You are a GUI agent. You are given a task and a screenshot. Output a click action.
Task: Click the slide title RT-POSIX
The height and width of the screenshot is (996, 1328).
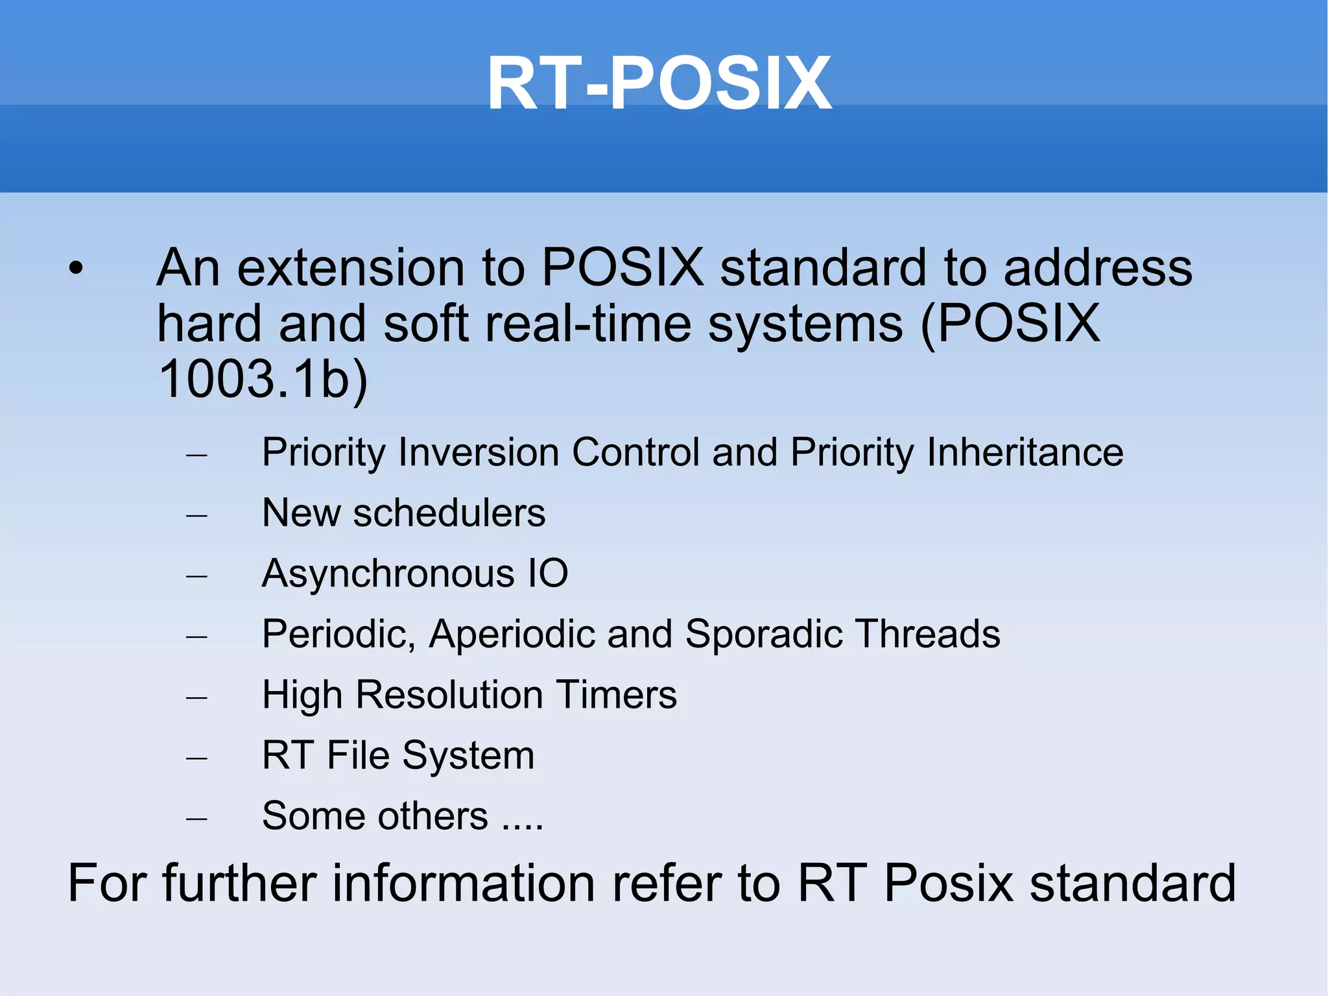tap(659, 84)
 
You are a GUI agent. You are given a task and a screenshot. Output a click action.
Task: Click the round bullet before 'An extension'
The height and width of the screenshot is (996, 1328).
tap(77, 268)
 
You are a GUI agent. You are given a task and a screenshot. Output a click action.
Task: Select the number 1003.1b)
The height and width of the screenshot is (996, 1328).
tap(263, 379)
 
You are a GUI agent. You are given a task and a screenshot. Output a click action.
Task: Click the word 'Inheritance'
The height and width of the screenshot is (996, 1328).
tap(1025, 452)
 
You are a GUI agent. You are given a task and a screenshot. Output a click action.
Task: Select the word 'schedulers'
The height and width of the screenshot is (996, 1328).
tap(449, 513)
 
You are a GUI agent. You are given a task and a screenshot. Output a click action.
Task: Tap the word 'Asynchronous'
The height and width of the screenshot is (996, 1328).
tap(388, 574)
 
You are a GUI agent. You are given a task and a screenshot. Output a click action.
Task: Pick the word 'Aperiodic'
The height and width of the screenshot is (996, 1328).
tap(512, 634)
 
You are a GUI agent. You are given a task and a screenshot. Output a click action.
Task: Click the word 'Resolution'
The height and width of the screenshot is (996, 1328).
tap(449, 695)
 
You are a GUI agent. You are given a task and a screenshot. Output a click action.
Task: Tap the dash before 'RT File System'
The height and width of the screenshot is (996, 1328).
tap(196, 758)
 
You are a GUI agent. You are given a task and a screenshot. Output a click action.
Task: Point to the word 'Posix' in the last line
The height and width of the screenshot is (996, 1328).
tap(948, 883)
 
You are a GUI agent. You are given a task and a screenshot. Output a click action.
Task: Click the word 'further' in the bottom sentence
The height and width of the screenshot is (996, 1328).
tap(239, 883)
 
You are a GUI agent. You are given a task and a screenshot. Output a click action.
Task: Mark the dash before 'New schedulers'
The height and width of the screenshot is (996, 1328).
tap(196, 516)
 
